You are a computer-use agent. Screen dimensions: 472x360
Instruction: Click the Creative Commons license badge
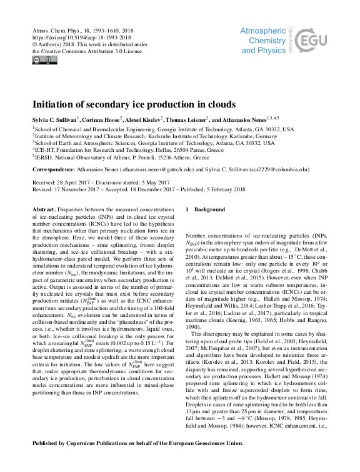44,60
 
